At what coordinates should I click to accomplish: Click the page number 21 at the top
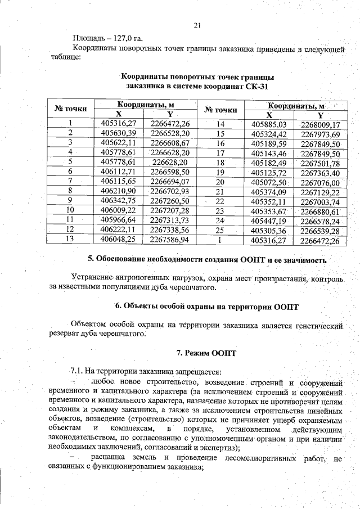pyautogui.click(x=196, y=25)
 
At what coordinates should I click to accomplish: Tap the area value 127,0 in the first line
pyautogui.click(x=116, y=39)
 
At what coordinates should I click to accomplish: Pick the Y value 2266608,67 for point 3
pyautogui.click(x=170, y=142)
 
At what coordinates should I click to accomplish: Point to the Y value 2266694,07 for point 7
pyautogui.click(x=170, y=181)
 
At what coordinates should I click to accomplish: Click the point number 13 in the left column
pyautogui.click(x=70, y=238)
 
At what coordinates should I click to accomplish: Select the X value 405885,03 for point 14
pyautogui.click(x=269, y=124)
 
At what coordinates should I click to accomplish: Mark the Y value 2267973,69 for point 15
pyautogui.click(x=320, y=133)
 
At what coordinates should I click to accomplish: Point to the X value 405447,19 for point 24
pyautogui.click(x=269, y=220)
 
